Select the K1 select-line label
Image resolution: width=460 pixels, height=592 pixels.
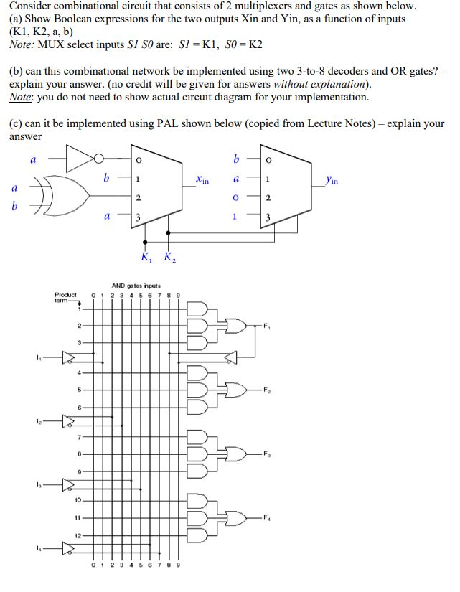(146, 257)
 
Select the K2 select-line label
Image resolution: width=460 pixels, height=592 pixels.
(168, 257)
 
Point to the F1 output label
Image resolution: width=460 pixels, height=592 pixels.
(270, 326)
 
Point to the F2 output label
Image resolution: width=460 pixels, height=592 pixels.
(270, 390)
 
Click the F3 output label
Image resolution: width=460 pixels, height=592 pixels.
(270, 454)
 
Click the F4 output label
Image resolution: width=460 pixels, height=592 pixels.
(270, 517)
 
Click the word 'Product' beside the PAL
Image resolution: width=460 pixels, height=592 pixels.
(65, 294)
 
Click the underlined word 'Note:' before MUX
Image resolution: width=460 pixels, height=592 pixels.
(22, 44)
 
